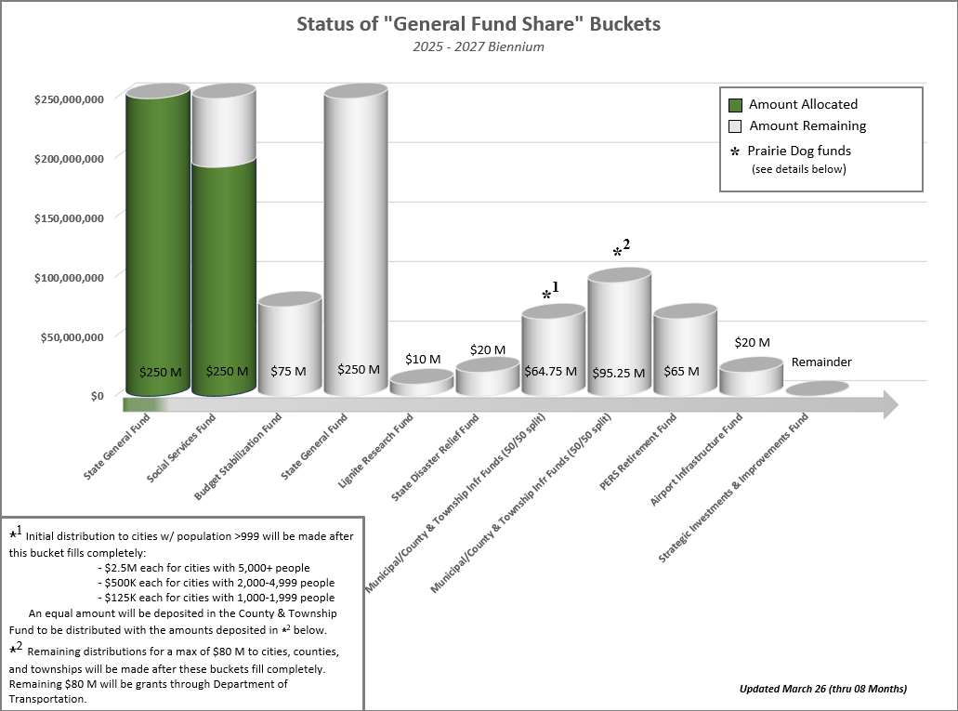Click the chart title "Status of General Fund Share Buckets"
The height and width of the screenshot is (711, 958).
[x=479, y=24]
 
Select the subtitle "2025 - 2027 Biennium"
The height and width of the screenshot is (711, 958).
[x=479, y=46]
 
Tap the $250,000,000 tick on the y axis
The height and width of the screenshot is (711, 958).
[x=68, y=98]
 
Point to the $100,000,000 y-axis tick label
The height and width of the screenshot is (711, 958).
[x=68, y=276]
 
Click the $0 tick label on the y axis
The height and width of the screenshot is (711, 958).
[x=97, y=395]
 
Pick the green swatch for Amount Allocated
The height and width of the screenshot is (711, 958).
[x=736, y=105]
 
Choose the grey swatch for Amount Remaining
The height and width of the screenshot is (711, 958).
[x=736, y=126]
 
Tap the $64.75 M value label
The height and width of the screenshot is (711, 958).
[x=553, y=371]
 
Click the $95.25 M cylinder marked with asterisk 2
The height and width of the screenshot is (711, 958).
[x=619, y=335]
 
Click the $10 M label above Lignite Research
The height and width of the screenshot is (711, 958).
[x=423, y=359]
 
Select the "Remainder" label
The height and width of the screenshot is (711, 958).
[x=821, y=362]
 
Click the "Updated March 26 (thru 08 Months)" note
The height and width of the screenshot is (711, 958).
[x=822, y=689]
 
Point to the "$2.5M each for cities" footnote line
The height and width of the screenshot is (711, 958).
[x=203, y=567]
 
